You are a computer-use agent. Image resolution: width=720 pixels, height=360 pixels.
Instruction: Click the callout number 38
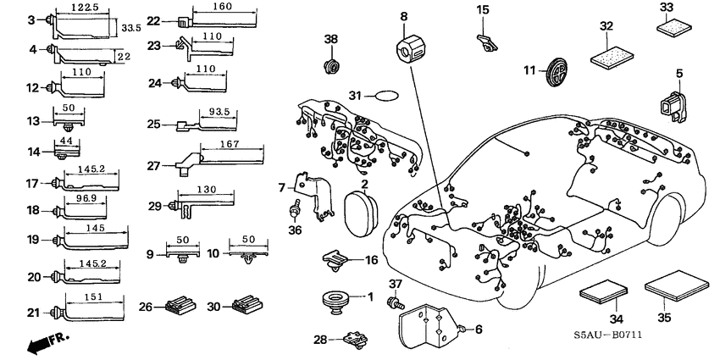tap(331, 39)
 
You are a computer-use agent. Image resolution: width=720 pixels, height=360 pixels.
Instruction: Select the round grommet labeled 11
tap(555, 70)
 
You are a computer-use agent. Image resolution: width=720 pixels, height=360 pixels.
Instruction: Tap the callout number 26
tap(145, 306)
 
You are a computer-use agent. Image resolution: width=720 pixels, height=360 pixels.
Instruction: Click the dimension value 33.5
tap(130, 27)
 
